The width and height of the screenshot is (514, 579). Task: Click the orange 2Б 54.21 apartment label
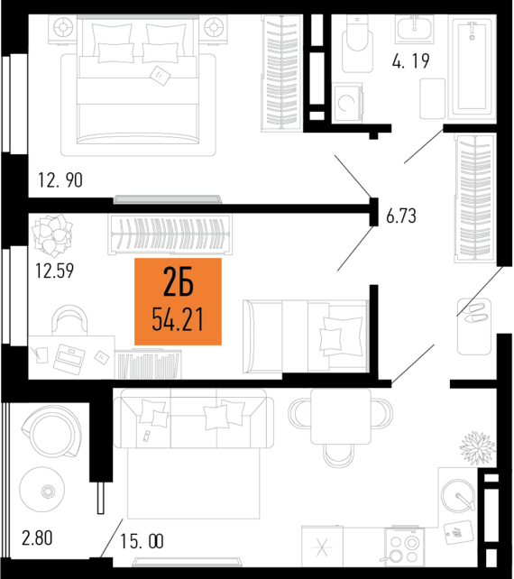point(178,301)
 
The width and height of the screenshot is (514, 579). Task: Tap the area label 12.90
point(60,180)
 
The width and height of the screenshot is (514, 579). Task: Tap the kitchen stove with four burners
point(404,547)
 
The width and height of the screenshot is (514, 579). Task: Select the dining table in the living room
point(340,416)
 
